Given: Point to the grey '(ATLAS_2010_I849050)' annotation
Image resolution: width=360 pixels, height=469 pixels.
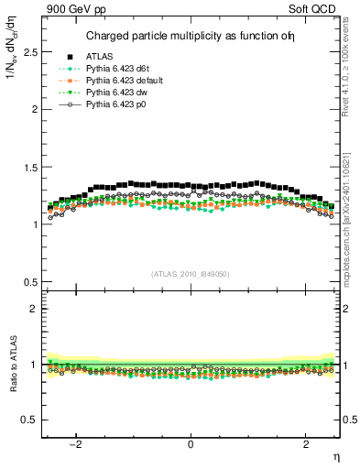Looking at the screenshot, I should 191,273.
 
